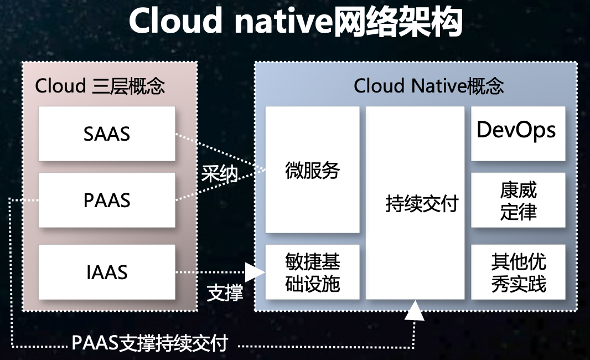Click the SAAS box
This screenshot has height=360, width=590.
[107, 133]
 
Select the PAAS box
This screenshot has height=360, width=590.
[107, 200]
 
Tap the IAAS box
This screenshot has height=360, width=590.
[107, 272]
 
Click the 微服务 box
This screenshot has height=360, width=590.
[312, 169]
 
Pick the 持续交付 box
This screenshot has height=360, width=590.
[415, 203]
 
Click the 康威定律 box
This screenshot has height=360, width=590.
[518, 200]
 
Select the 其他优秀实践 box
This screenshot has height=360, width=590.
[518, 272]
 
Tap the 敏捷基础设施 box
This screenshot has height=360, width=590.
[312, 272]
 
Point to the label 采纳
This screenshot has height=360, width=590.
[219, 174]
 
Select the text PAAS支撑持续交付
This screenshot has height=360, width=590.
[149, 343]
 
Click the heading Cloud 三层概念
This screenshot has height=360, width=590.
[100, 86]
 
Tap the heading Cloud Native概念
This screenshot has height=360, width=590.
[428, 86]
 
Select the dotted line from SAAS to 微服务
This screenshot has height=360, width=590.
[219, 150]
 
